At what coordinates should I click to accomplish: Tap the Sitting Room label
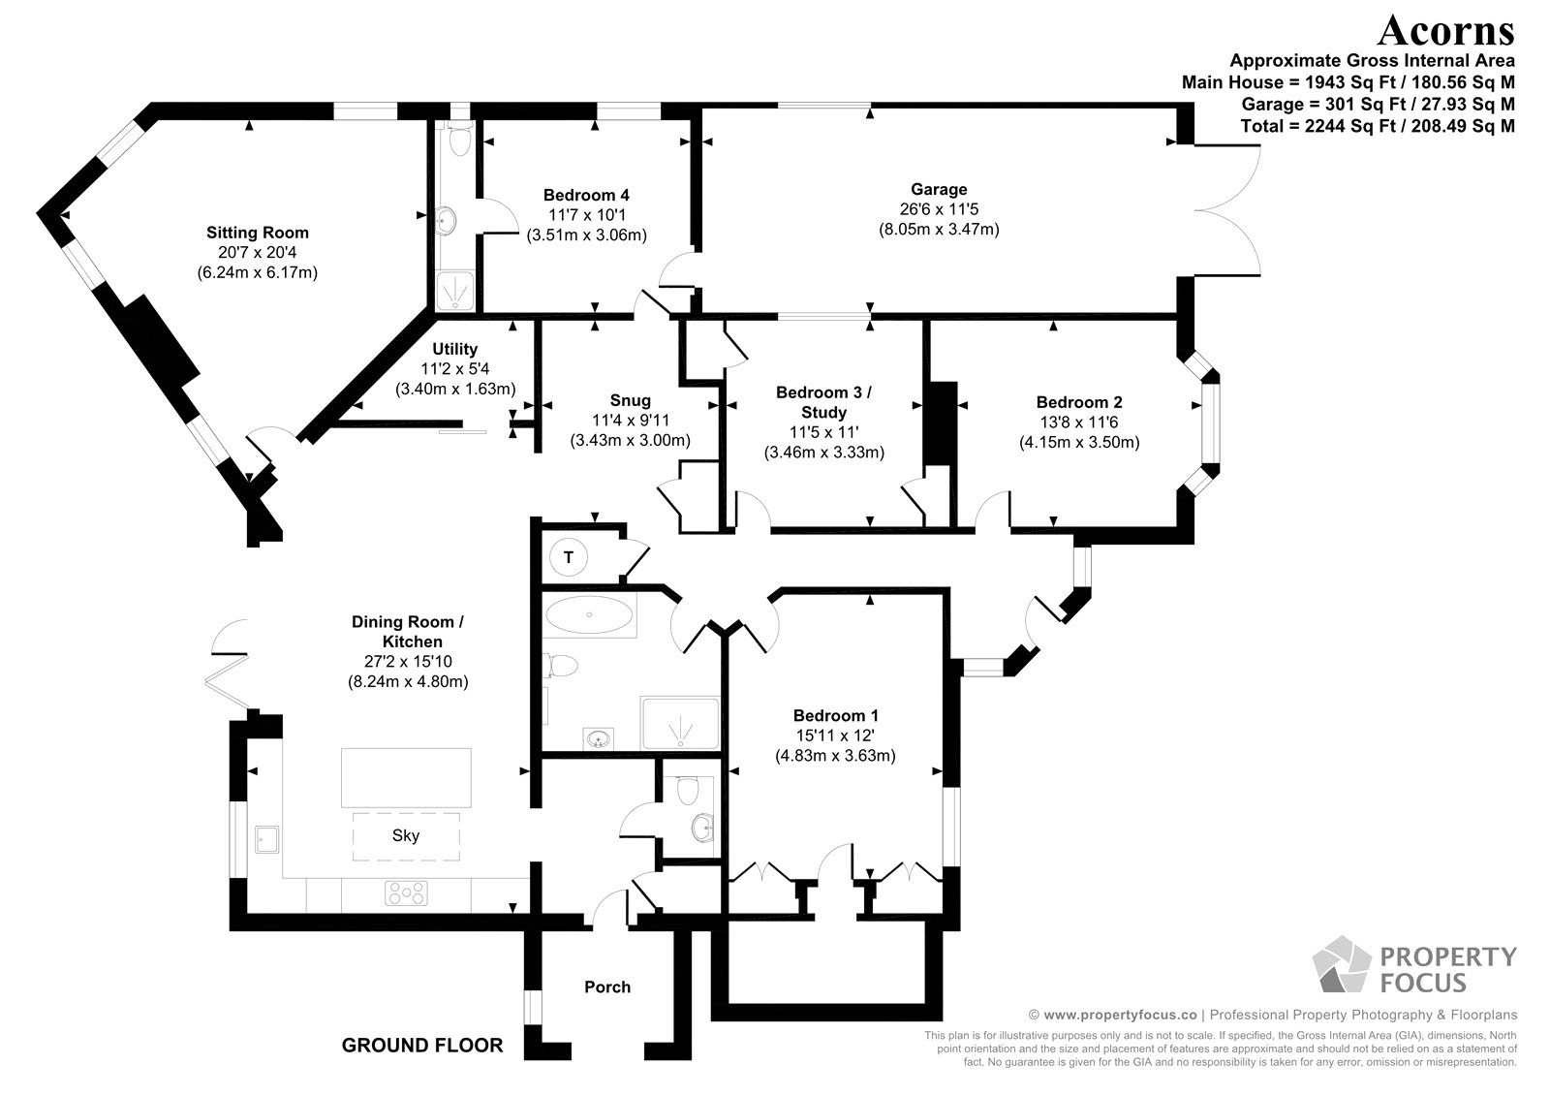coord(258,233)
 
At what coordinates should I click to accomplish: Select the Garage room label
coord(939,189)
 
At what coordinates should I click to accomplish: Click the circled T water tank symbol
coord(569,557)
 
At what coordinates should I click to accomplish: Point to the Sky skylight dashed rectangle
coord(406,835)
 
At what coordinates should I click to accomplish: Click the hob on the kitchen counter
coord(408,892)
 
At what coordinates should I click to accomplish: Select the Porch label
coord(607,986)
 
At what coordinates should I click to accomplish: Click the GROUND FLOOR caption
coord(422,1045)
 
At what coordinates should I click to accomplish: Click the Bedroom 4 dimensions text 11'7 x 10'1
coord(586,214)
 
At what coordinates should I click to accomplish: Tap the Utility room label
coord(454,349)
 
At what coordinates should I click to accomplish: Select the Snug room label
coord(630,400)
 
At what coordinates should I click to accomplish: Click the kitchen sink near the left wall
coord(265,838)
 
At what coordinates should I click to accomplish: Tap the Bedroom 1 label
coord(835,715)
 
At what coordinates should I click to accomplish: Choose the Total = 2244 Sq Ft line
coord(1378,126)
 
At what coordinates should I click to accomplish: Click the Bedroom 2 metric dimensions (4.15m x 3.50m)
coord(1078,442)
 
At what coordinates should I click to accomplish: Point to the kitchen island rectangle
coord(406,777)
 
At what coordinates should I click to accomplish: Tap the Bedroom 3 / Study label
coord(823,402)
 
